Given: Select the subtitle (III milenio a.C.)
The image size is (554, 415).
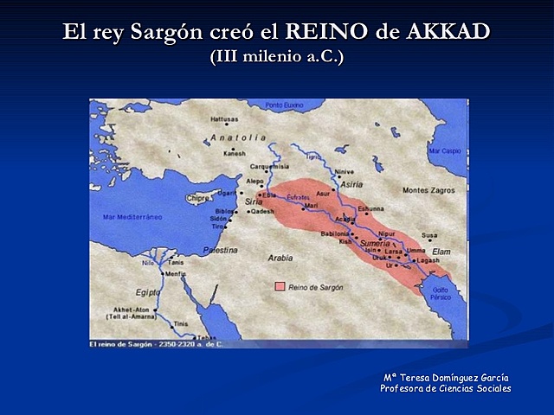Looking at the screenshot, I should click(x=276, y=57).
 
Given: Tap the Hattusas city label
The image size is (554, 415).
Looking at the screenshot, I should click(x=224, y=119).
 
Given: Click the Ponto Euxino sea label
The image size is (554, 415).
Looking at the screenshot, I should click(x=287, y=105).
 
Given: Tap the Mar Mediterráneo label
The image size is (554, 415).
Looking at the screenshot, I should click(x=132, y=217).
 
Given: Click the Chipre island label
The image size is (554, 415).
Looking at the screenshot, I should click(x=198, y=198).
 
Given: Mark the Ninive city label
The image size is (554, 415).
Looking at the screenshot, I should click(x=345, y=171).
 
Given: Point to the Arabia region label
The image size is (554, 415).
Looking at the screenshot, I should click(x=280, y=257).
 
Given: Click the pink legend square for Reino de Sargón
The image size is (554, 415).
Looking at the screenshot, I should click(x=280, y=285).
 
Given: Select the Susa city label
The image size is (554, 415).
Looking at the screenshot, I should click(x=429, y=235).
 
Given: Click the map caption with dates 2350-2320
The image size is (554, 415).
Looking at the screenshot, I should click(x=156, y=344).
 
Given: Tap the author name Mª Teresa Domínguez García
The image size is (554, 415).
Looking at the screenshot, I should click(x=446, y=377).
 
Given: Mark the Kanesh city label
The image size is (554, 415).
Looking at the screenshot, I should click(x=235, y=153).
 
